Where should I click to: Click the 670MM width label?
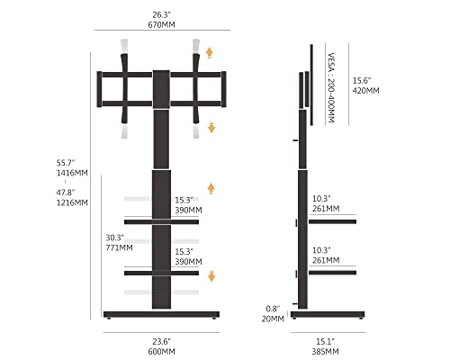(161, 24)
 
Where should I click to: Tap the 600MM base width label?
(161, 351)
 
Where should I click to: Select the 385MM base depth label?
(325, 351)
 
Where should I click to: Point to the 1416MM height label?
(72, 173)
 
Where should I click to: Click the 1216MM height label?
(72, 202)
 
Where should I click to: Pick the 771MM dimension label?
(119, 247)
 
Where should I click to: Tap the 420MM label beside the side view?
(366, 91)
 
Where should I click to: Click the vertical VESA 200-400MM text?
(331, 87)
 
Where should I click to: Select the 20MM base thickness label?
(273, 319)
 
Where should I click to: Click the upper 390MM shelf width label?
(188, 210)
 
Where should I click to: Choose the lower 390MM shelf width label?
(188, 262)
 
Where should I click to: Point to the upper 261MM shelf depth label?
(326, 209)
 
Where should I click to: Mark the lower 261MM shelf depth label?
(326, 260)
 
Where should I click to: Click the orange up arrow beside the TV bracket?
(210, 53)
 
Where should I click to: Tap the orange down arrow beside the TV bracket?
(211, 128)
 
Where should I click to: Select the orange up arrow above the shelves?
(211, 189)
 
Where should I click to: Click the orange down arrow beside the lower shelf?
(211, 276)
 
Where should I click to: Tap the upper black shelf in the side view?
(332, 221)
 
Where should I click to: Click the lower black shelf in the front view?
(161, 273)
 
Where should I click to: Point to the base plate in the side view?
(328, 314)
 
